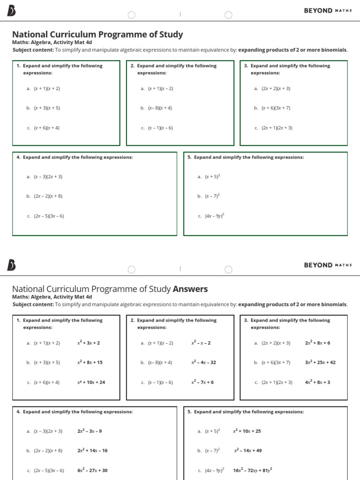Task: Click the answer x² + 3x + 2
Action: [x=89, y=343]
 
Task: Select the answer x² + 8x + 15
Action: [x=90, y=362]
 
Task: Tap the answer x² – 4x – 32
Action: [x=203, y=362]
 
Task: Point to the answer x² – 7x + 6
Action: [x=202, y=382]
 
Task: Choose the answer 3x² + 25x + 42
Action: [x=320, y=362]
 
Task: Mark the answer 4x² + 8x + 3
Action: [x=317, y=382]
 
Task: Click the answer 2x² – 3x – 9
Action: [x=90, y=431]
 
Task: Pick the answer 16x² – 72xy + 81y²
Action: [x=253, y=470]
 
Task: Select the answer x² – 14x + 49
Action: [x=248, y=450]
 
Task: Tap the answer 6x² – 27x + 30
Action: [x=92, y=471]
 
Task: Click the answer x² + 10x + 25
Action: [x=247, y=431]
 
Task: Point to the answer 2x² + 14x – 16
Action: [x=92, y=450]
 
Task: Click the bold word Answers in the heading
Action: [x=190, y=289]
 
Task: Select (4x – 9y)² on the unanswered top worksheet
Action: [x=214, y=216]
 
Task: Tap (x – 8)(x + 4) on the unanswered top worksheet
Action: [x=160, y=108]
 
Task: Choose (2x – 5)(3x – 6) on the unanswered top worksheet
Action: [x=49, y=216]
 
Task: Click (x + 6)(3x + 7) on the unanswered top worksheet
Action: [x=276, y=108]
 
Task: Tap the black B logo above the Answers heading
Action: [x=12, y=265]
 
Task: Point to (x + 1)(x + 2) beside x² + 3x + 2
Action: [x=47, y=343]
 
